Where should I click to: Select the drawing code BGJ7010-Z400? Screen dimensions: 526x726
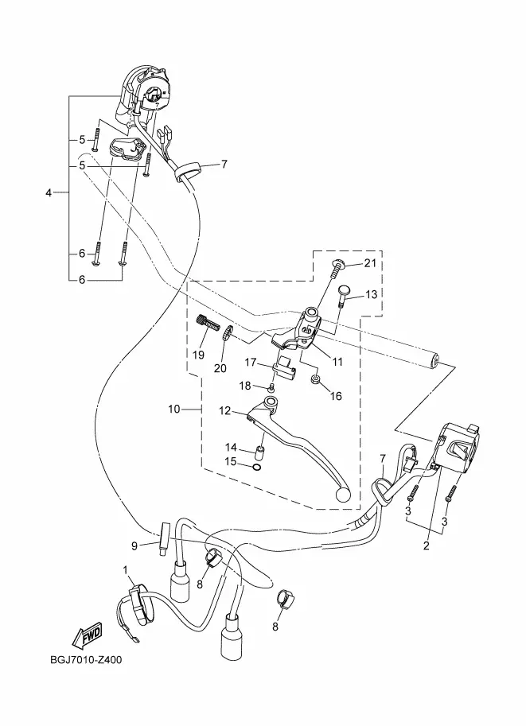[86, 660]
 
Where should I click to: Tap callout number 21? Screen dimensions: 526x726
[370, 263]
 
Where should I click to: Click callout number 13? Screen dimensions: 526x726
[371, 294]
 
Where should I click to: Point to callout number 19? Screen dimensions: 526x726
[198, 355]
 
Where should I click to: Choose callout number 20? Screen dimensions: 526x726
[220, 368]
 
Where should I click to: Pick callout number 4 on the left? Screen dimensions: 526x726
[49, 192]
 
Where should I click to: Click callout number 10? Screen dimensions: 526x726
[173, 410]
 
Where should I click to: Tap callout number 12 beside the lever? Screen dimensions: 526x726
[224, 410]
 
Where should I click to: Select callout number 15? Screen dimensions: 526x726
[231, 462]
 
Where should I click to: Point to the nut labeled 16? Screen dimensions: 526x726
[314, 381]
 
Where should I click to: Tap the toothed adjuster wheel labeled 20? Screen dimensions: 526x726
[227, 334]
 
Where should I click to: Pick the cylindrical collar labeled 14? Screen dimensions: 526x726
[259, 450]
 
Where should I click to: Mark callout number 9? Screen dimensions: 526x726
[134, 546]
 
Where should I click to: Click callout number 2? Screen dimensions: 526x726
[427, 545]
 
